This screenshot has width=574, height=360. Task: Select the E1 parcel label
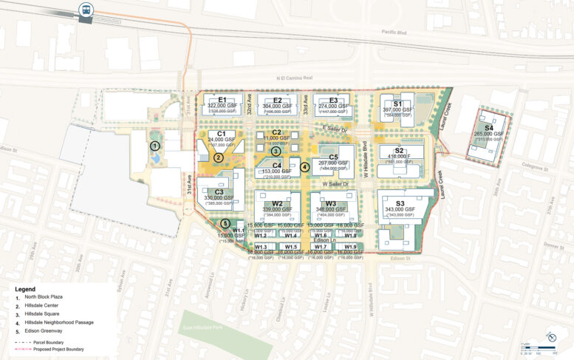coord(222,100)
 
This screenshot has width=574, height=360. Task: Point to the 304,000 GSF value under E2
coord(277,106)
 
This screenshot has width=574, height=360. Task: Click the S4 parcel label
coord(488,128)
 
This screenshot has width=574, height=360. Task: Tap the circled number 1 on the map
coord(155,146)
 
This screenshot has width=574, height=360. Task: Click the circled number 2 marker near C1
coord(219,157)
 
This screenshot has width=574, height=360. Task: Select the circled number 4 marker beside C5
coord(305,167)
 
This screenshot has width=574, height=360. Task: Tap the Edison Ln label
coord(325,241)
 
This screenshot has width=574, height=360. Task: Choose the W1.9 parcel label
coord(350,247)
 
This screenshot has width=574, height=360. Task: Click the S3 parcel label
coord(400,203)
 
